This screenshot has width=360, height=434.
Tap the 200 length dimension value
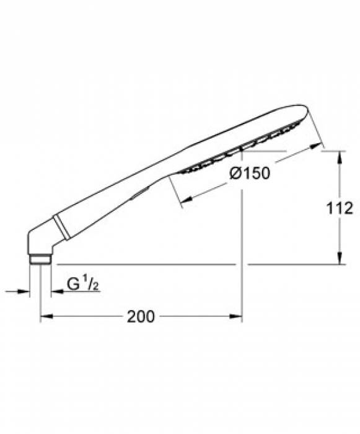tap(141, 317)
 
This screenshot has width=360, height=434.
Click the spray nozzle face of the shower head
tap(235, 152)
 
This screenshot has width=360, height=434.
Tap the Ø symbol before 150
tap(235, 174)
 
